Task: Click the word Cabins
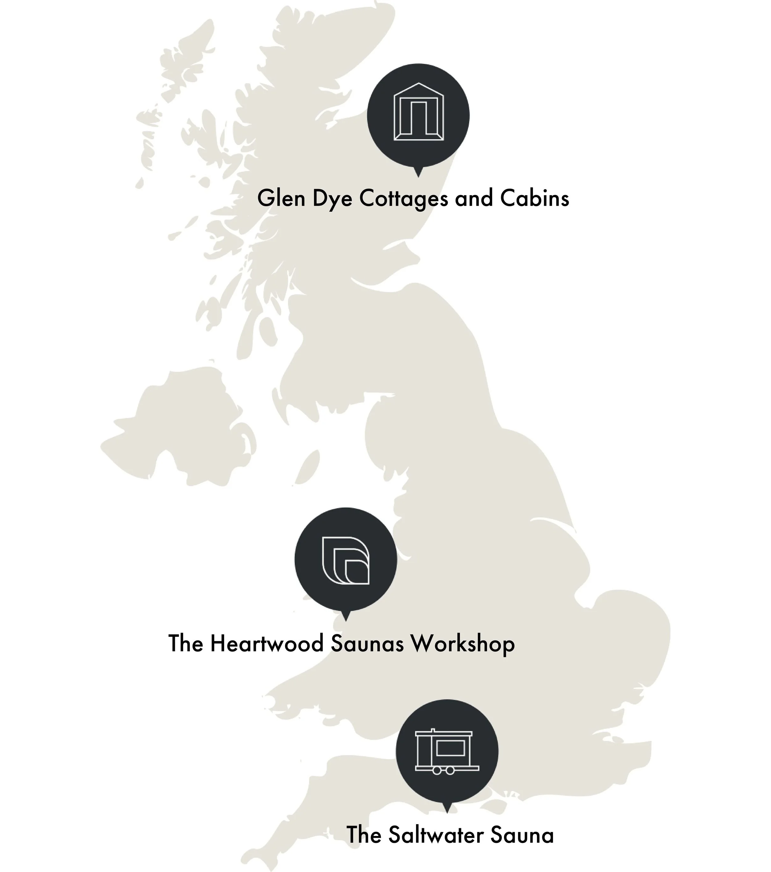click(x=534, y=198)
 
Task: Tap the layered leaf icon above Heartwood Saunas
click(x=346, y=560)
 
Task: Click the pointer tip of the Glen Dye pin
click(x=418, y=174)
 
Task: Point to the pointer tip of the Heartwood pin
click(x=346, y=619)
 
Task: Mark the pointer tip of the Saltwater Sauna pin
click(x=447, y=811)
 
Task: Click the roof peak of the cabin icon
click(x=418, y=84)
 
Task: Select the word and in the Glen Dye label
click(x=474, y=198)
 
